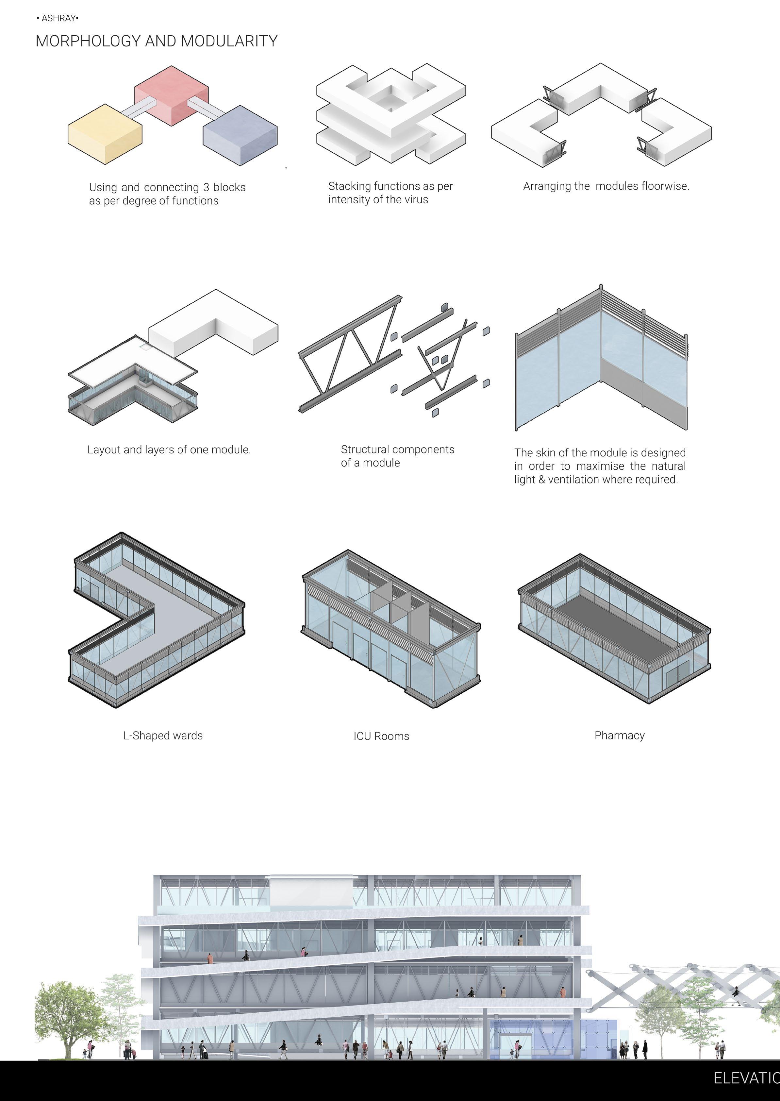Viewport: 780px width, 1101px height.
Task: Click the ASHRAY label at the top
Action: click(x=58, y=18)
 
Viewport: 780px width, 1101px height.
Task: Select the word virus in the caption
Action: click(x=416, y=199)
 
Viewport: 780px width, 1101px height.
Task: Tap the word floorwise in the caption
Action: click(x=665, y=186)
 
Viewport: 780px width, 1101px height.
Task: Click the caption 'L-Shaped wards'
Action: click(x=163, y=736)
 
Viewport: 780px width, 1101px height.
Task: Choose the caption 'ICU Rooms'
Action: click(x=381, y=736)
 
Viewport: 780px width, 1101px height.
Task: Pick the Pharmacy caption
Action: click(x=619, y=736)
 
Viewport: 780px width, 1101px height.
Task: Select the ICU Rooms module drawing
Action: click(x=390, y=629)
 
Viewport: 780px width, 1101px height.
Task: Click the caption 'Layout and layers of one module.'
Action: click(x=169, y=449)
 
